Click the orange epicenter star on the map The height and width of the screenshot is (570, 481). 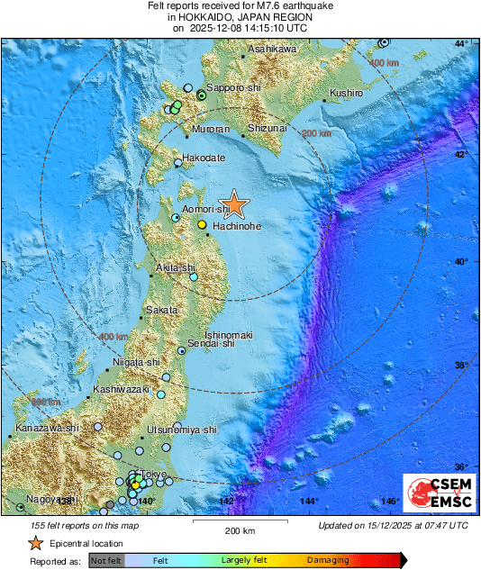234,204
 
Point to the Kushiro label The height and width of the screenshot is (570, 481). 346,93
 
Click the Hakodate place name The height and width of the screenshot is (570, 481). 203,158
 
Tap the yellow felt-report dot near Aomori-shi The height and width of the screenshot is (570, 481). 203,223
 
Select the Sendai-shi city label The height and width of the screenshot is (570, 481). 214,343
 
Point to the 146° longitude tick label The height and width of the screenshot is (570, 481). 389,501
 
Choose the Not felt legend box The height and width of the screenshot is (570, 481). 105,560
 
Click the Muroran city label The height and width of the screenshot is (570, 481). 206,130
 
